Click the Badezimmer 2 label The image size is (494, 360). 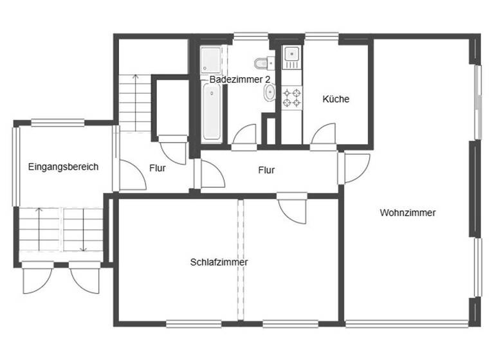click(x=239, y=79)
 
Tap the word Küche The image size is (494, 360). click(x=336, y=99)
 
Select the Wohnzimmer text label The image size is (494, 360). click(x=408, y=213)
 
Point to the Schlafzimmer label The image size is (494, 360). click(x=219, y=262)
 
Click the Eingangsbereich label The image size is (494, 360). click(x=63, y=167)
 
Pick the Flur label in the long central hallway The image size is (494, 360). click(x=266, y=170)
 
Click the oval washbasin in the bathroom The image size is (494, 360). click(x=269, y=94)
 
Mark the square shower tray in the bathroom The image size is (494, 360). click(x=210, y=60)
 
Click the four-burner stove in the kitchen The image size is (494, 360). click(x=291, y=98)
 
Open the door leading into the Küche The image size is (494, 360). click(x=324, y=136)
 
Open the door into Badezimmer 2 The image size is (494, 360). click(x=244, y=136)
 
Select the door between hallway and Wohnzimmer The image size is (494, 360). click(x=356, y=168)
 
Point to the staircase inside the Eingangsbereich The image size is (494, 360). click(x=62, y=230)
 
